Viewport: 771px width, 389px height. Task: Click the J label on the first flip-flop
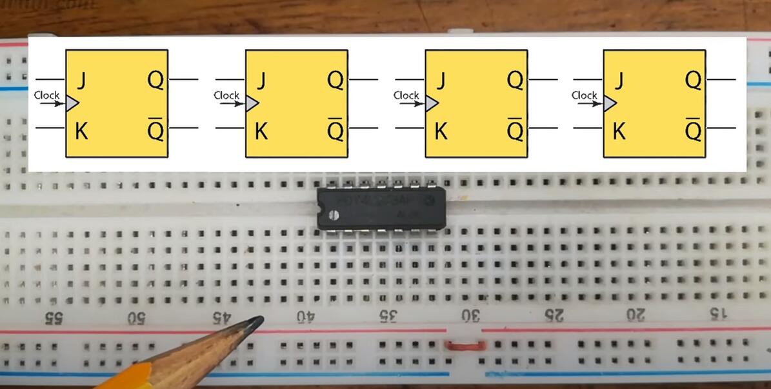click(81, 82)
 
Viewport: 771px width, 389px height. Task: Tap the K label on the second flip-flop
click(261, 132)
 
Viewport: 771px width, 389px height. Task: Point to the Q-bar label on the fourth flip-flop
click(693, 131)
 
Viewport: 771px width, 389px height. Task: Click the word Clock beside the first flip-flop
click(46, 95)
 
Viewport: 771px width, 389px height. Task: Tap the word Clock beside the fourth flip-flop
click(584, 95)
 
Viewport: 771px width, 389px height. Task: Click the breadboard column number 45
click(221, 317)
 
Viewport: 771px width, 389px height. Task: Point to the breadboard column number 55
click(50, 318)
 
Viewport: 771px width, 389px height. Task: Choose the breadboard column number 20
click(636, 315)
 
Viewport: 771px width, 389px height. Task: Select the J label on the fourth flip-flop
click(618, 82)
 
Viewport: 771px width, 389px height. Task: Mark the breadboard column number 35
click(387, 316)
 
